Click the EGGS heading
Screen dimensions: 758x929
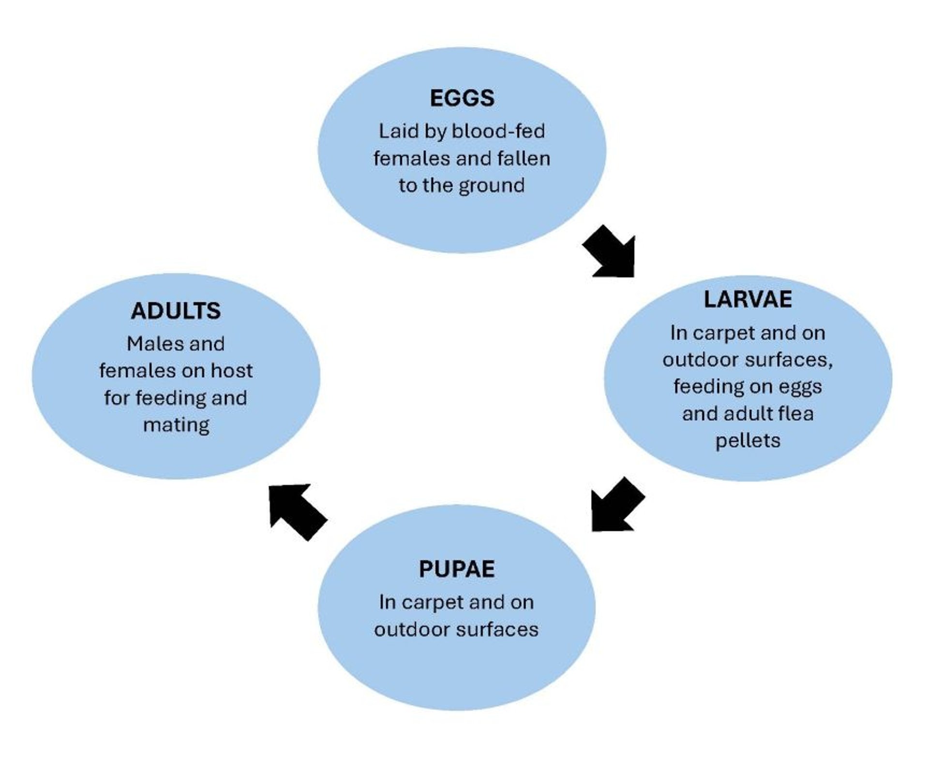[462, 98]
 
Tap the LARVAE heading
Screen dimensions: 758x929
[748, 300]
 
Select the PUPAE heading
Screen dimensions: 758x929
[456, 569]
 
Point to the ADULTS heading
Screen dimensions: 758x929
[176, 311]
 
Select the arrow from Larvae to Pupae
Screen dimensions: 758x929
[615, 506]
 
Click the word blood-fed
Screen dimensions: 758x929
[498, 132]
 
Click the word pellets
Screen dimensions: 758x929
[748, 441]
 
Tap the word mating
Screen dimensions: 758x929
[176, 425]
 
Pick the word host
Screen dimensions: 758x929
[232, 371]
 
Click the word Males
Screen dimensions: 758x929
[149, 344]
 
